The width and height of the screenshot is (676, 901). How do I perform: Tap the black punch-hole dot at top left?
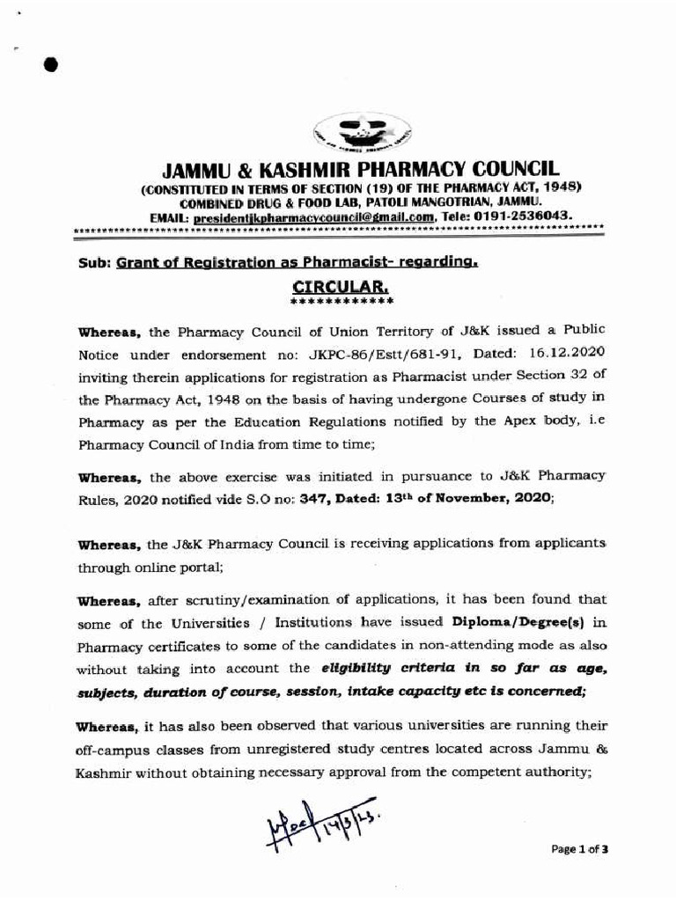tap(51, 65)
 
